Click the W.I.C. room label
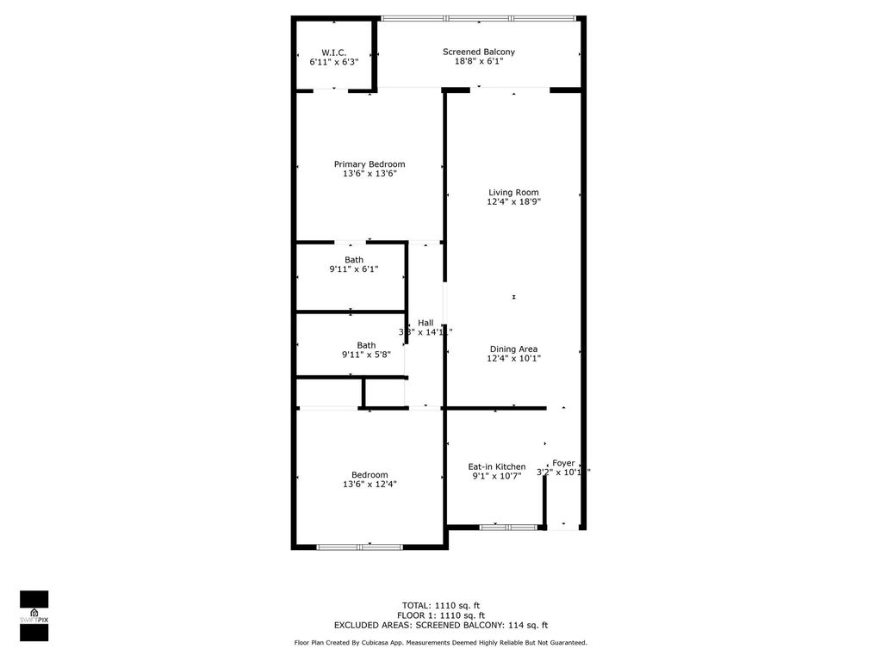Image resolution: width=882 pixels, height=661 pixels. (x=333, y=53)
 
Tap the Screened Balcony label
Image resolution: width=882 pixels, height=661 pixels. (x=479, y=53)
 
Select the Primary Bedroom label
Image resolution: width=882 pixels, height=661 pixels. (x=370, y=164)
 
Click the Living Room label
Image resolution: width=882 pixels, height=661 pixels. (x=513, y=193)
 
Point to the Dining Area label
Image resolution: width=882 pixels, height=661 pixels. (x=513, y=349)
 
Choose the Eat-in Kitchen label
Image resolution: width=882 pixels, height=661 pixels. (x=497, y=466)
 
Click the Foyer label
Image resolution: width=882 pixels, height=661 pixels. (x=563, y=463)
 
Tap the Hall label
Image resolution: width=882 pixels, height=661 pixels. (x=425, y=323)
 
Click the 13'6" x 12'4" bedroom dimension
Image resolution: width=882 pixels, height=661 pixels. (x=370, y=485)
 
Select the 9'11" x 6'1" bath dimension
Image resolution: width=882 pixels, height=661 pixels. (x=354, y=269)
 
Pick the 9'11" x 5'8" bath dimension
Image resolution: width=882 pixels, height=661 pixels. (x=354, y=355)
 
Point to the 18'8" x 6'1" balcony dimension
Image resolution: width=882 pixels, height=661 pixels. (x=479, y=61)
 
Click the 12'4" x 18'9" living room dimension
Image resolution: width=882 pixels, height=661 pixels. (x=513, y=202)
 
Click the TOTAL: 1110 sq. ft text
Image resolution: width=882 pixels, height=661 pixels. (x=440, y=604)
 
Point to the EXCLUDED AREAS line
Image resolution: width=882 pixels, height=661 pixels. (x=440, y=626)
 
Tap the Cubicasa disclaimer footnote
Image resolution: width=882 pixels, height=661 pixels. (x=440, y=643)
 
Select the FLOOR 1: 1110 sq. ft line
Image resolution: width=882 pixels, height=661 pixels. (x=440, y=615)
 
